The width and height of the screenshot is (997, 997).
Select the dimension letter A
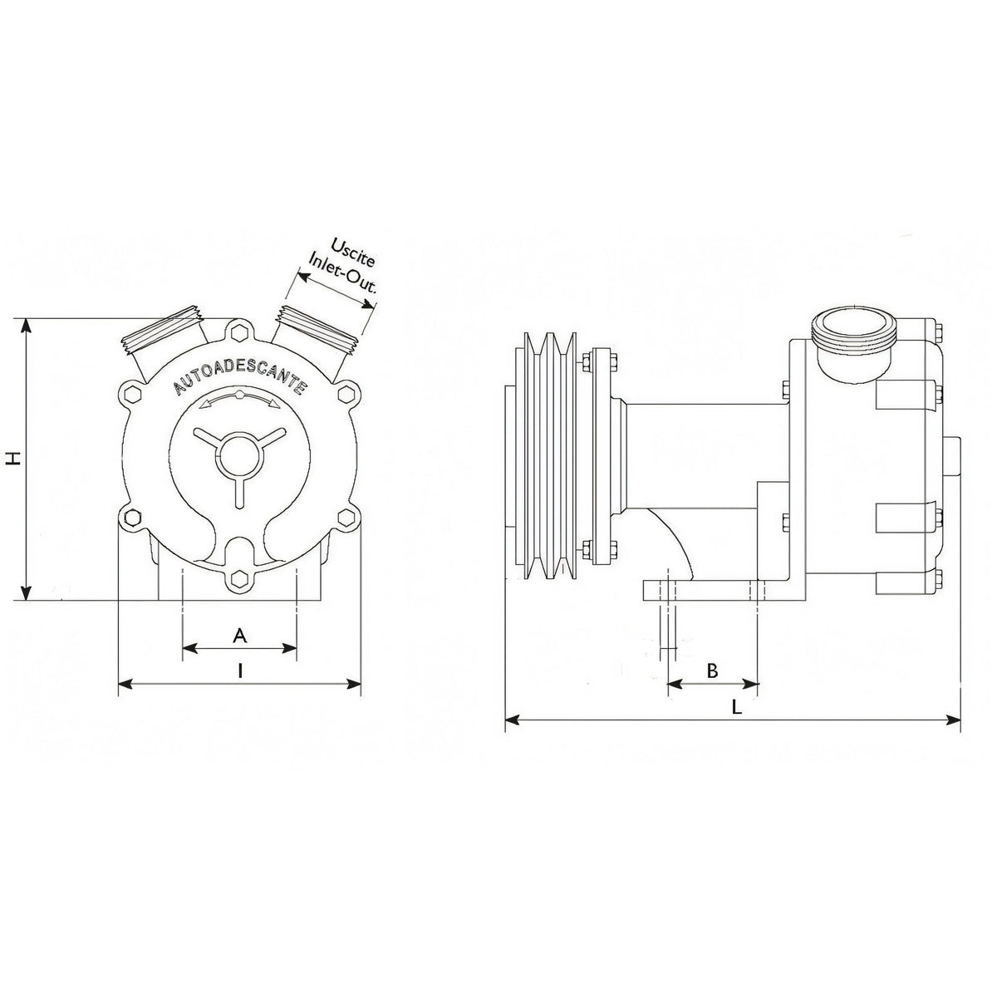tap(239, 636)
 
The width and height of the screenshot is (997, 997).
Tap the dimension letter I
tap(239, 671)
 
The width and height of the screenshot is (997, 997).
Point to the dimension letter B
tap(712, 670)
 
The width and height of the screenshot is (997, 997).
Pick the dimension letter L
tap(736, 707)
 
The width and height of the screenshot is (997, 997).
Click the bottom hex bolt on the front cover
tap(239, 577)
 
